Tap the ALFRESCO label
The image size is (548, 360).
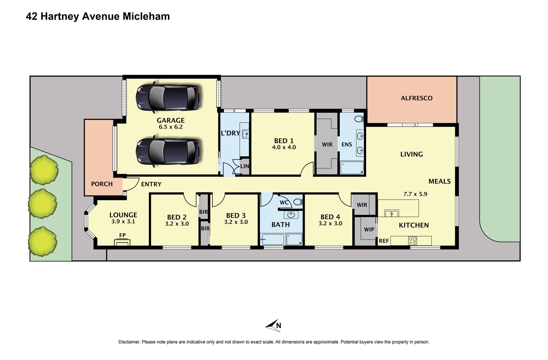(416, 98)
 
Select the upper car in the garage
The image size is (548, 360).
(168, 97)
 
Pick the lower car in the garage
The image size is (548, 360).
(168, 151)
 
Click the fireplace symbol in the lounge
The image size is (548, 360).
(122, 242)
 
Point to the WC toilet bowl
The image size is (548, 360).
(297, 202)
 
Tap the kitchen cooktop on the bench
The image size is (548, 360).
(413, 241)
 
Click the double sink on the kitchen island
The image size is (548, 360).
(391, 213)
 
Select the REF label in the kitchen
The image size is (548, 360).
(384, 241)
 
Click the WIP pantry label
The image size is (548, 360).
(369, 230)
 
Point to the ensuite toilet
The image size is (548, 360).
(359, 119)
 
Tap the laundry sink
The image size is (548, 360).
(245, 134)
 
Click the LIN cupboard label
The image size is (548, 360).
(245, 166)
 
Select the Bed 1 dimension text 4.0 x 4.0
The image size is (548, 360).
(284, 147)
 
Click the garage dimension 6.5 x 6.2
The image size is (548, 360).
(171, 127)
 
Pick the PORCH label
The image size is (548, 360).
(102, 184)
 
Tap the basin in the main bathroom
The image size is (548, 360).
(291, 215)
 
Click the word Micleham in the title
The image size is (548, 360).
(146, 16)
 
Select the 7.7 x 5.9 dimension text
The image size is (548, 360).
(415, 194)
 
